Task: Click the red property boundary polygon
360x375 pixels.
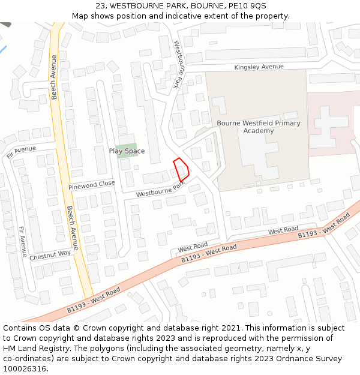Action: click(x=181, y=169)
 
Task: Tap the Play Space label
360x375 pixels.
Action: click(x=127, y=151)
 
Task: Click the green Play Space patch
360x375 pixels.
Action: click(x=127, y=146)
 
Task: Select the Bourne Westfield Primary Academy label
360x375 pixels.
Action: click(x=259, y=127)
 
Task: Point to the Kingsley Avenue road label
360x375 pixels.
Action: click(x=259, y=67)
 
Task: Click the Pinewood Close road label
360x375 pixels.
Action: click(x=91, y=185)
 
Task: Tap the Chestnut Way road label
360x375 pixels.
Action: click(x=50, y=254)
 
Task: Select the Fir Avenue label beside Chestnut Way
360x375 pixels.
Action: click(x=23, y=242)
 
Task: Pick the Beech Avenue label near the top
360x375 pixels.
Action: click(x=54, y=77)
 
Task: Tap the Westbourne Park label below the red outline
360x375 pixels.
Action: click(x=160, y=190)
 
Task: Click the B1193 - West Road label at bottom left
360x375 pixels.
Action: click(x=93, y=299)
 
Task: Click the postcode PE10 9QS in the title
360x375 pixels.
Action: click(x=247, y=6)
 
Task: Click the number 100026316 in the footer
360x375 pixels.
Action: click(x=25, y=369)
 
